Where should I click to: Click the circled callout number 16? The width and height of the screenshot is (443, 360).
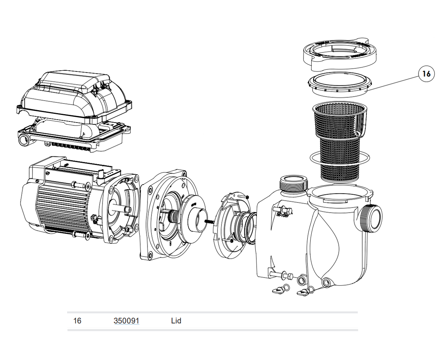[x=426, y=74]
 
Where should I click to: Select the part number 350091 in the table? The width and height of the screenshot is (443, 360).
[x=126, y=321]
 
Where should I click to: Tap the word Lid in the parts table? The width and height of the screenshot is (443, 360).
[x=176, y=321]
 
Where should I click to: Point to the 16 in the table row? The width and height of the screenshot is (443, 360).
[x=77, y=321]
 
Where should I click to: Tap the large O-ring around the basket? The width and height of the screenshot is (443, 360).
[x=312, y=158]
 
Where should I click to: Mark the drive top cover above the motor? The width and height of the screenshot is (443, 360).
[x=73, y=95]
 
